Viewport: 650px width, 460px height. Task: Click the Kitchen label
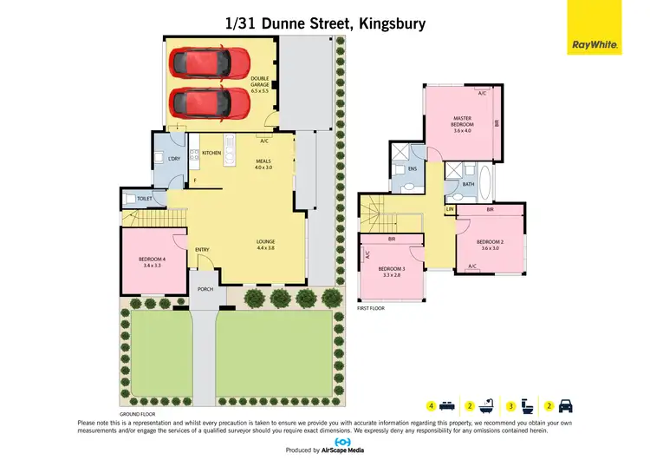tap(211, 153)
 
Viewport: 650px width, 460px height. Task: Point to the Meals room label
tap(263, 164)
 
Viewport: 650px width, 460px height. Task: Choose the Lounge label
tap(266, 244)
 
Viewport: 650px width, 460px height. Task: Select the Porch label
tap(205, 289)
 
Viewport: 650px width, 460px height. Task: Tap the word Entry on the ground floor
tap(202, 250)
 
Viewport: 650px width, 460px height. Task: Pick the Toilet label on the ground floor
tap(145, 199)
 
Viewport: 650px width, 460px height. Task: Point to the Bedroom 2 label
tap(490, 244)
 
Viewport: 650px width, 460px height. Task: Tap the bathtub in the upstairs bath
tap(484, 184)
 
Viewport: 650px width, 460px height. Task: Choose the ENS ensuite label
tap(413, 168)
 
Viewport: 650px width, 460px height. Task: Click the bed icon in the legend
tap(445, 405)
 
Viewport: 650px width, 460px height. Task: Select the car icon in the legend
tap(565, 405)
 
